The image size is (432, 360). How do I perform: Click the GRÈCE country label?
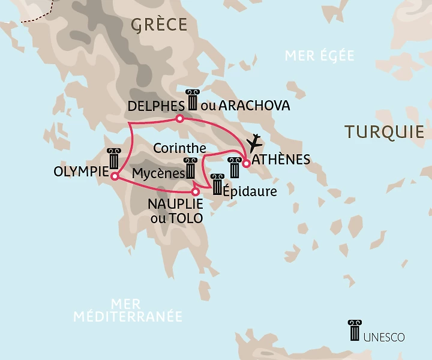coord(159,24)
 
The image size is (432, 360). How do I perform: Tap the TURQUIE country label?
coord(384,132)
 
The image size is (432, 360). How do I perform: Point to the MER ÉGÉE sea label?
coord(319,56)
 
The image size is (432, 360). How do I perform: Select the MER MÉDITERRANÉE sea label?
coord(128,310)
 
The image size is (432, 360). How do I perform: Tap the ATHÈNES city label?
coord(281,160)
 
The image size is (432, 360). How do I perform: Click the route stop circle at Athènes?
coord(246,163)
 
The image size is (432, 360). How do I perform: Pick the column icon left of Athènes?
coord(234,167)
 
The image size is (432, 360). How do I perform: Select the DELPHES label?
coord(156,106)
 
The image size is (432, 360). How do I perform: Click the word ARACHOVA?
coord(254,106)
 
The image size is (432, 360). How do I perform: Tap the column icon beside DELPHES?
coord(192,100)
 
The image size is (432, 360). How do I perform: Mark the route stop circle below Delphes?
coord(179,118)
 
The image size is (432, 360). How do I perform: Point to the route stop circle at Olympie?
coord(113,175)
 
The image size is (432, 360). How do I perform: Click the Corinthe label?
coord(180,147)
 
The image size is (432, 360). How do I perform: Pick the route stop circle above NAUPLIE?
coord(195,192)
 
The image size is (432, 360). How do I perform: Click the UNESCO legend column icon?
coord(355,331)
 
